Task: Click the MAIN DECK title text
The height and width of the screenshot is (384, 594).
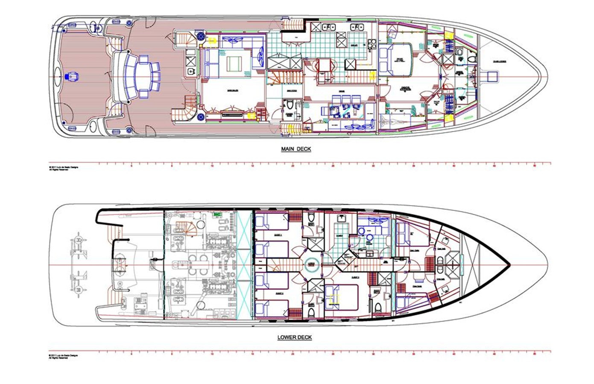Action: (x=296, y=149)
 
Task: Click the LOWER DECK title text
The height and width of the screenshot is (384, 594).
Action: (x=295, y=337)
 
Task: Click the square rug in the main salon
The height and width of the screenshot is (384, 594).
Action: (x=234, y=64)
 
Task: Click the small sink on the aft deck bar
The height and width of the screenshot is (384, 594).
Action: (x=189, y=72)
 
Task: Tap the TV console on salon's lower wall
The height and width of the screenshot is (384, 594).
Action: (x=233, y=114)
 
